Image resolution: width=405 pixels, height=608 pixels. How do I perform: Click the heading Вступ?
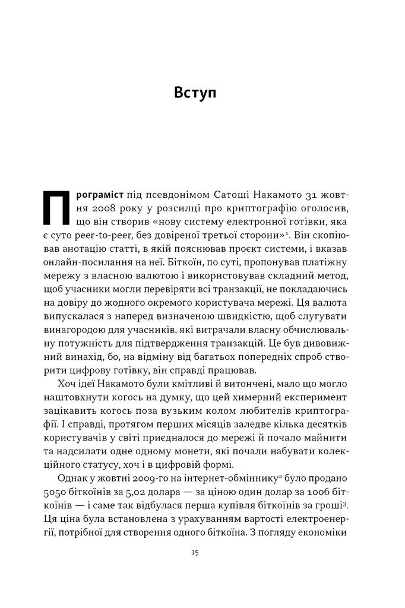point(195,93)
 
